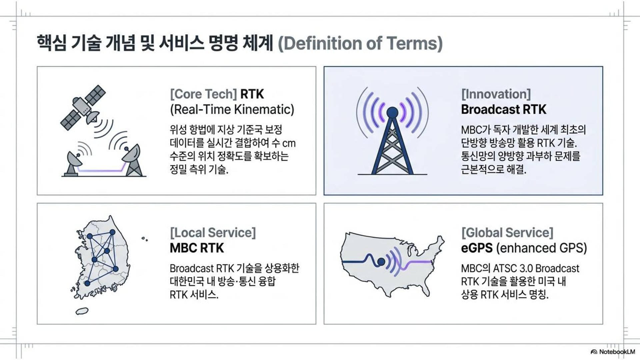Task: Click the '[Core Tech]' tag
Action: [203, 94]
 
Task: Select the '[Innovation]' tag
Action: [496, 94]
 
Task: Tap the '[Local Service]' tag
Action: [213, 233]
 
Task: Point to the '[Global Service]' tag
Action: [507, 233]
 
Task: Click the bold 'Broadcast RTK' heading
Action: [504, 110]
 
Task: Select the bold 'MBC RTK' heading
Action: [197, 248]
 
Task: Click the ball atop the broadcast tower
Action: [392, 112]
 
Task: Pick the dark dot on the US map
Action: [381, 262]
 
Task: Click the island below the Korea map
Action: [82, 311]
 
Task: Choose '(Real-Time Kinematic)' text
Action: [232, 110]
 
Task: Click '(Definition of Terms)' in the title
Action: [360, 44]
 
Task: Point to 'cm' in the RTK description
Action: [289, 144]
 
